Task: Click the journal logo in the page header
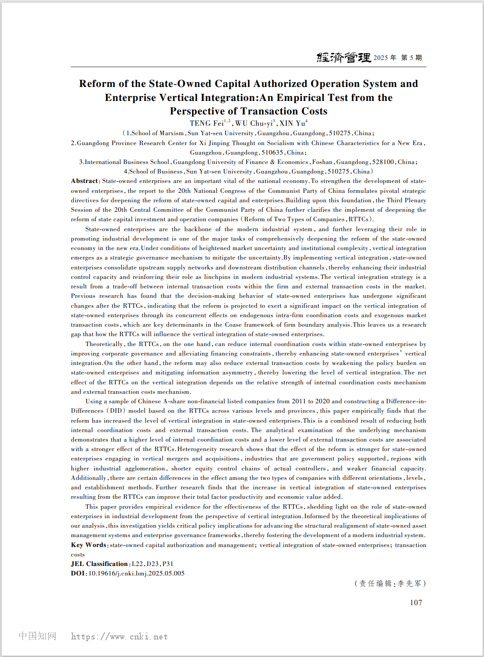pos(344,57)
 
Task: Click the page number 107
pos(416,602)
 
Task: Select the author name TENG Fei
pos(206,123)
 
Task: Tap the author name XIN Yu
pos(292,123)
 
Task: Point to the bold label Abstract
pos(85,181)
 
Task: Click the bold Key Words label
pos(88,545)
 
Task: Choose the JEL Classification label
pos(99,564)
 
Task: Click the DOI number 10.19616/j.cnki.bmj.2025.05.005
pos(137,573)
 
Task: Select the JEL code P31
pos(168,564)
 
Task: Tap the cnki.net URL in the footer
pos(119,636)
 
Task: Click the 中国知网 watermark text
pos(37,636)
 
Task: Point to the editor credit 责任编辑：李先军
pos(390,584)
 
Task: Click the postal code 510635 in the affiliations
pos(272,152)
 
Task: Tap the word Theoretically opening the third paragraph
pos(104,344)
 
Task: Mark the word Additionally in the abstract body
pos(88,478)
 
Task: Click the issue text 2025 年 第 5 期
pos(398,58)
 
